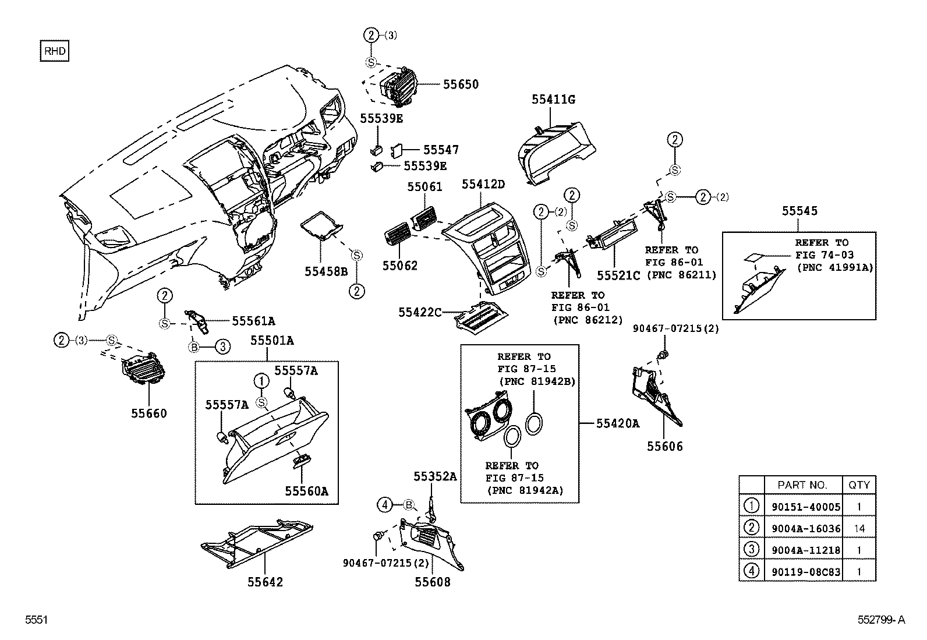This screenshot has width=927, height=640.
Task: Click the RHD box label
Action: [54, 51]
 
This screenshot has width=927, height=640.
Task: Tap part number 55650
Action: [461, 84]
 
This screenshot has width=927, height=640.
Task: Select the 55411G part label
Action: [553, 100]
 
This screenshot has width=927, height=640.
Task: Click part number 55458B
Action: [325, 271]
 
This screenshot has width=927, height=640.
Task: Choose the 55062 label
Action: [400, 266]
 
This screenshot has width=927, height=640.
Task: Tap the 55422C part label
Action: [420, 313]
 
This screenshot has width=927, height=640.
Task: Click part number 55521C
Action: [619, 275]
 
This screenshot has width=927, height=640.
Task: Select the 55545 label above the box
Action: [799, 211]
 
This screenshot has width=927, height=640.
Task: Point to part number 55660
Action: [148, 413]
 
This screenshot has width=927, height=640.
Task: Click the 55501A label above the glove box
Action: [272, 341]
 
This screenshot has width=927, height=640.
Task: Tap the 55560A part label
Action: [306, 491]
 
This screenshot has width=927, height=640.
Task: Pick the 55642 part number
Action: [265, 582]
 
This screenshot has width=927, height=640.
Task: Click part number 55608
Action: [433, 582]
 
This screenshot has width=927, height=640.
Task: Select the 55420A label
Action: [617, 423]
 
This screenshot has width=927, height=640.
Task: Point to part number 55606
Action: [665, 447]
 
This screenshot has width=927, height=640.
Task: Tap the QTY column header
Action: [859, 485]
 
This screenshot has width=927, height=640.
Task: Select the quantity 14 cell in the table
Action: [859, 529]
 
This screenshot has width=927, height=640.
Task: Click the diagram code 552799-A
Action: [880, 620]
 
